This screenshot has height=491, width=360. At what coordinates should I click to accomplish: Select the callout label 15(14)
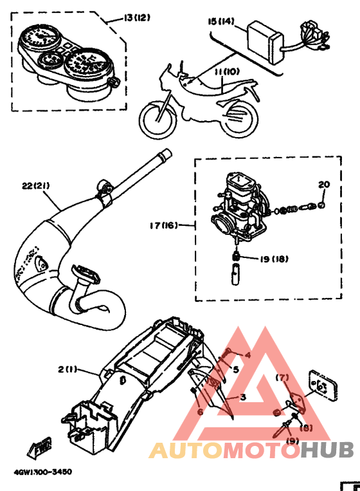tap(219, 21)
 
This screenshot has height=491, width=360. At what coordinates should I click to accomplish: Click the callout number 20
tap(324, 185)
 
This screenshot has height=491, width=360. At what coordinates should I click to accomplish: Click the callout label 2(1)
tap(67, 369)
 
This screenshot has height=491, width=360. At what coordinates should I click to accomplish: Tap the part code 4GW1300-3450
tap(42, 472)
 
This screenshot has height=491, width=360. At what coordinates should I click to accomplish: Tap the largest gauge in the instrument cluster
tap(85, 66)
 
